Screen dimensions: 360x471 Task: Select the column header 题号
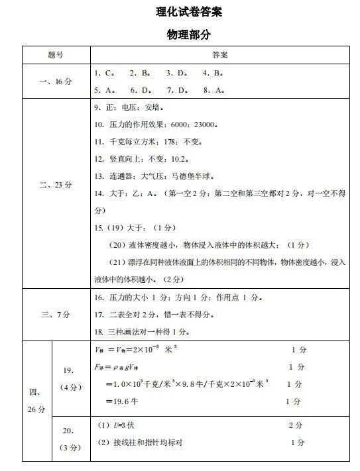pos(56,54)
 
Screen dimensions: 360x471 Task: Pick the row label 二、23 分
pos(56,185)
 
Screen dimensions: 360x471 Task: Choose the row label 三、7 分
pos(56,314)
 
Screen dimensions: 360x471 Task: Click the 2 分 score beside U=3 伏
pos(296,425)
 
